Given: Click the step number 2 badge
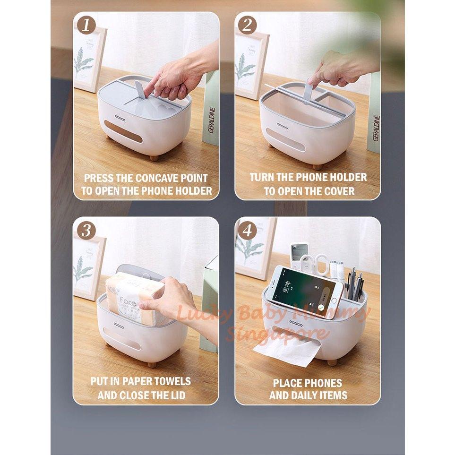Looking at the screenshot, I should click(247, 25).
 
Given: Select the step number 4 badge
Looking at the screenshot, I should click(248, 230).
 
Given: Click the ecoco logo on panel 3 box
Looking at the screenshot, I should click(119, 326).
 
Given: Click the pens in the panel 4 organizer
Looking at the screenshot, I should click(355, 284).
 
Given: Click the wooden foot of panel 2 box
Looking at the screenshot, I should click(318, 167).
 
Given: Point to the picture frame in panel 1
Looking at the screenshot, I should click(89, 59).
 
